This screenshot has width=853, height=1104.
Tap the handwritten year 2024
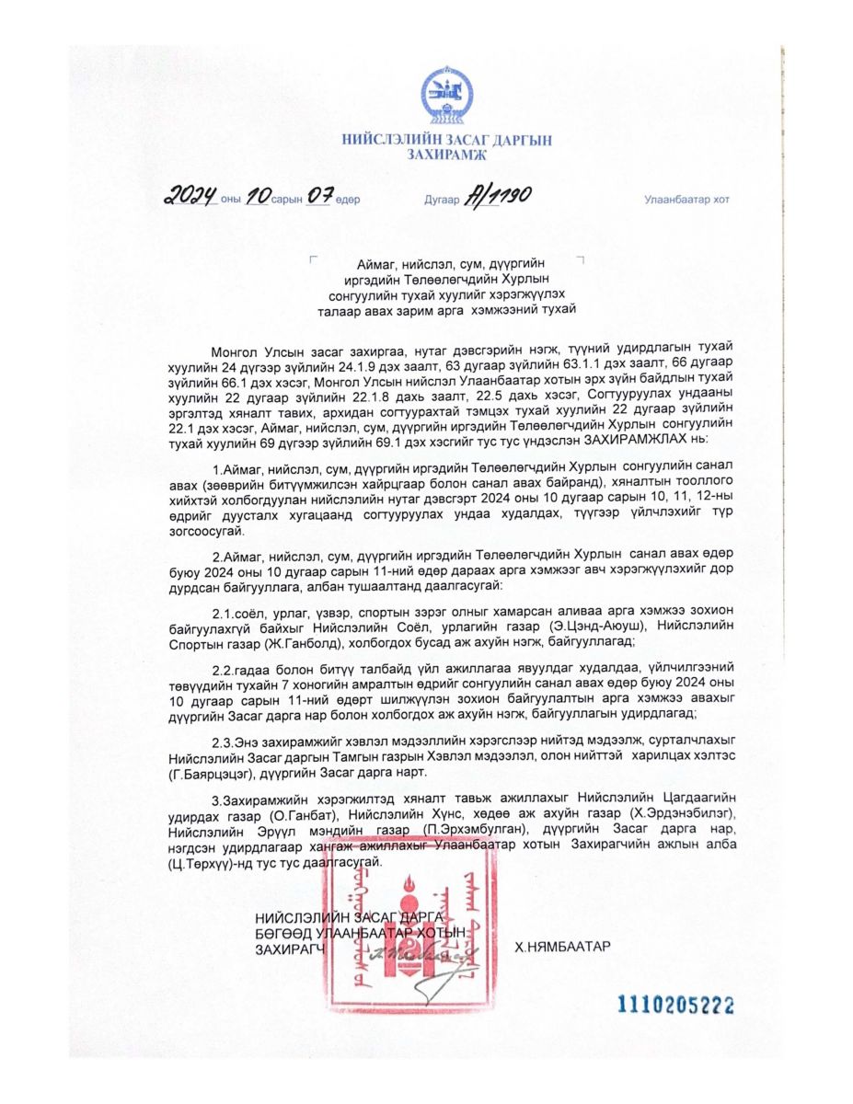coord(190,195)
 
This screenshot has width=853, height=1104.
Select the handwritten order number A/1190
coord(498,195)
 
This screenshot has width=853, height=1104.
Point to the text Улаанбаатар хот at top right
coord(686,200)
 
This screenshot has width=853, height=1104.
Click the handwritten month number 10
coord(259,195)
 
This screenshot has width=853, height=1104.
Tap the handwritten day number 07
coord(318,195)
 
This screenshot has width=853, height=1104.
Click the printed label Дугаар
coord(442,200)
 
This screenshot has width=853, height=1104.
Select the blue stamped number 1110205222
coord(675,1006)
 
